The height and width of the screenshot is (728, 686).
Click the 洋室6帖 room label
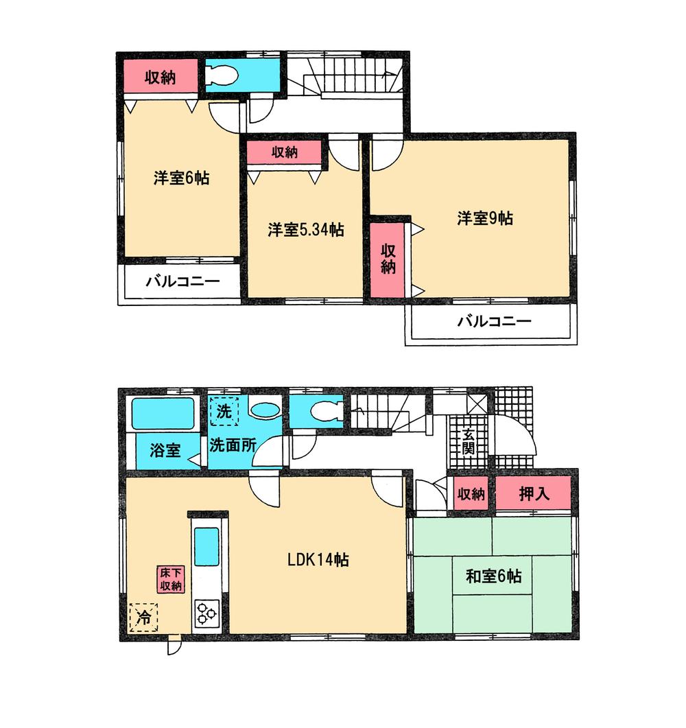coord(181,178)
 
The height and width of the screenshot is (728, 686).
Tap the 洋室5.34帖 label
coord(305,230)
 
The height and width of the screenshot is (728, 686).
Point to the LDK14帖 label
coord(318,560)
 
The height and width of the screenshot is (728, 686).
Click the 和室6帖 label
coord(493,576)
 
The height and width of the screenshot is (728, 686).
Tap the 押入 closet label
coord(534,493)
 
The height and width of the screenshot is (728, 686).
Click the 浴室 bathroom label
coord(165,451)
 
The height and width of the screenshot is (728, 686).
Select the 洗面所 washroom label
coord(233,444)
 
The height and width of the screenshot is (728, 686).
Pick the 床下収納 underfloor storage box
coord(170,579)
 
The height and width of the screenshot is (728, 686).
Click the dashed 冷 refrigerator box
coord(144,617)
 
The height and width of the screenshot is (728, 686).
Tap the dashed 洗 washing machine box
coord(224,412)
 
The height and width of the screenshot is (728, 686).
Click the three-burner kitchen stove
coord(207,612)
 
